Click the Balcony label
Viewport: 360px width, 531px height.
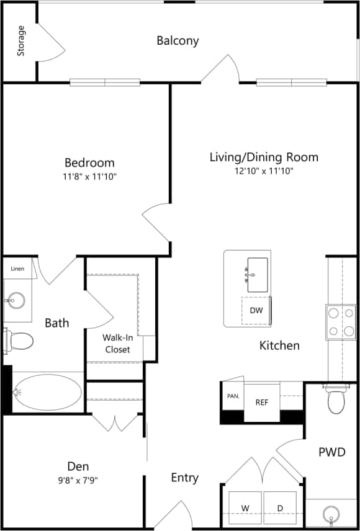point(178,41)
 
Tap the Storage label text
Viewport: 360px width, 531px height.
point(22,41)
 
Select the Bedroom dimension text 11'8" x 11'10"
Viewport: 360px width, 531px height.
point(90,177)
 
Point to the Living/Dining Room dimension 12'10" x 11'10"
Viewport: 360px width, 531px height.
point(263,171)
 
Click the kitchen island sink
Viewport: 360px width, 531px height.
point(258,274)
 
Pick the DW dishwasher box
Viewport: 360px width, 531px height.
point(256,310)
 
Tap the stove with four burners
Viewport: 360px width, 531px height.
point(339,321)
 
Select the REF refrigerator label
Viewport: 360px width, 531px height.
point(262,402)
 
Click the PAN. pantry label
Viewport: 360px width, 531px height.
point(233,395)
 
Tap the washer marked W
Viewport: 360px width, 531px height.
point(246,508)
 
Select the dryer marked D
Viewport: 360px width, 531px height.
point(280,508)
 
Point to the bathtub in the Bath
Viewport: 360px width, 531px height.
point(47,392)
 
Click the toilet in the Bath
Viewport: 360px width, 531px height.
point(20,341)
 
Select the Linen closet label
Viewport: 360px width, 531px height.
point(18,269)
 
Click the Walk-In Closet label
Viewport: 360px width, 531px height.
point(117,343)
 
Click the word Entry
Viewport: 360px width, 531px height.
point(185,478)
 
